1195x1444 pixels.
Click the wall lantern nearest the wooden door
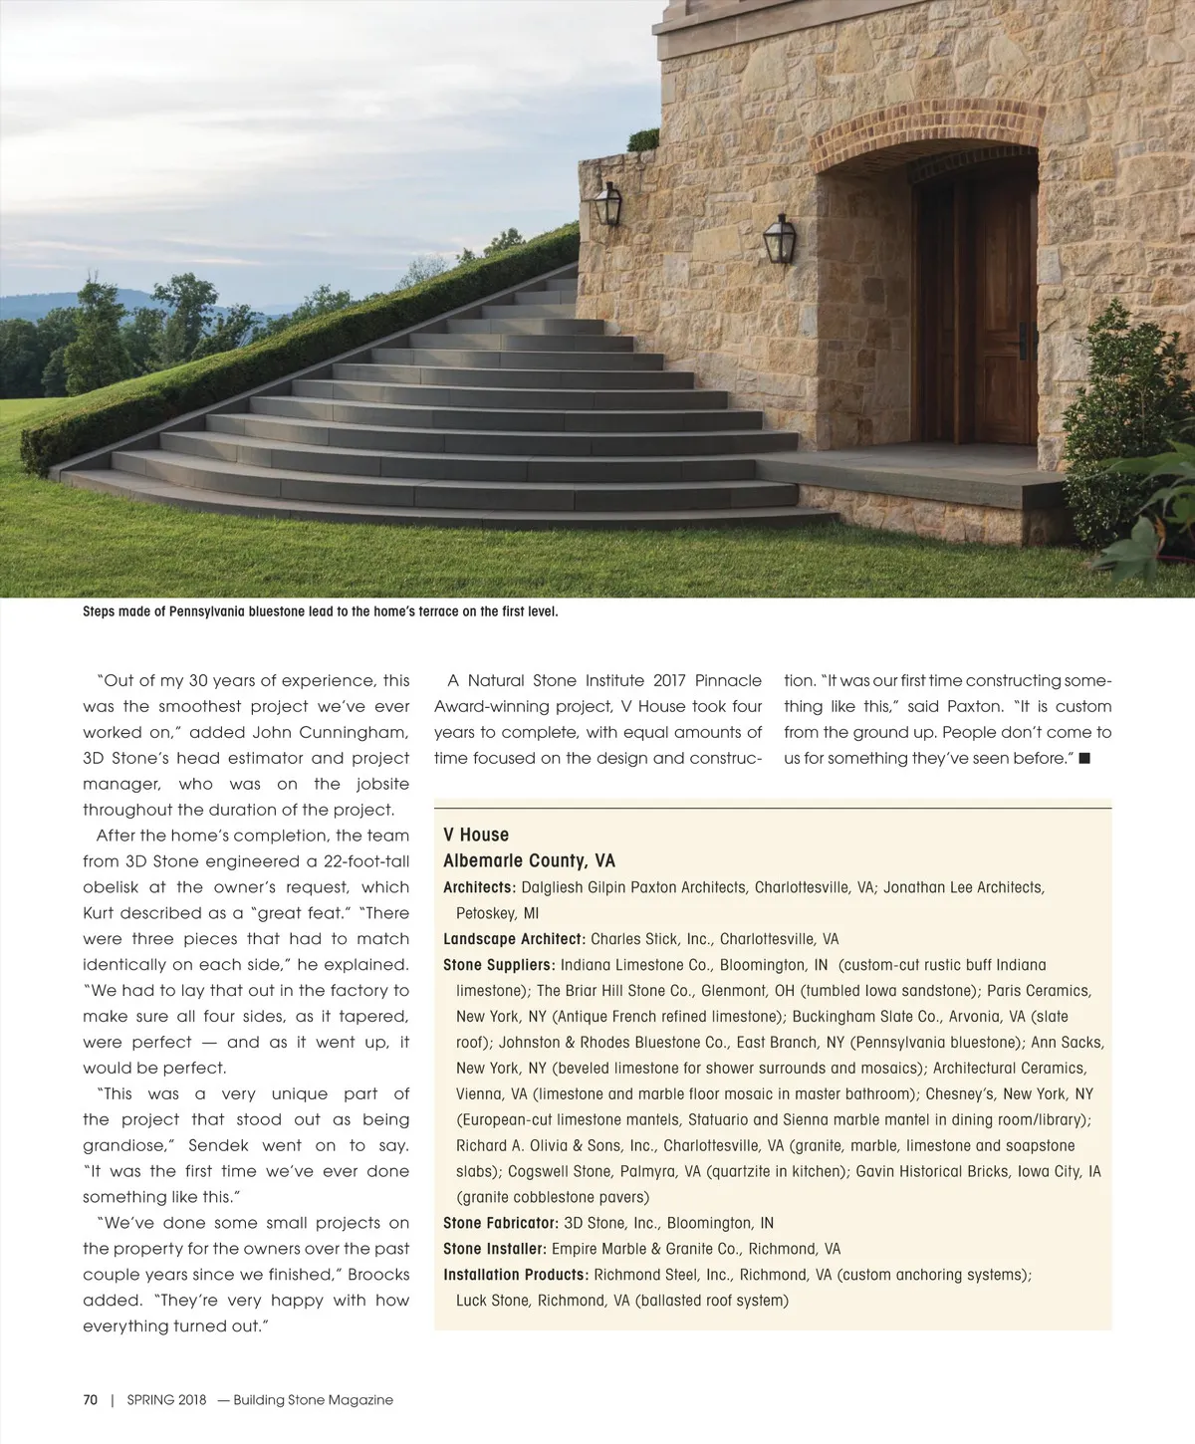pyautogui.click(x=779, y=239)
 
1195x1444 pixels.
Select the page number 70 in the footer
pyautogui.click(x=91, y=1400)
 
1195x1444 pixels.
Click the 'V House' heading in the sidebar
pyautogui.click(x=476, y=835)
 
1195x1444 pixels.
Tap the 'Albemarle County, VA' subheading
pyautogui.click(x=529, y=860)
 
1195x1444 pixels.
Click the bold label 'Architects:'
pyautogui.click(x=479, y=887)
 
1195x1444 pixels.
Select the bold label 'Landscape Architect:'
pyautogui.click(x=514, y=939)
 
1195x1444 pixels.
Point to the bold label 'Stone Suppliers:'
pyautogui.click(x=498, y=965)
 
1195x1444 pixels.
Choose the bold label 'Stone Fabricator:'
pyautogui.click(x=500, y=1223)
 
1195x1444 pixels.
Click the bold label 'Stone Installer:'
pyautogui.click(x=494, y=1249)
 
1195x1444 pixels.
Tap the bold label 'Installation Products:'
pyautogui.click(x=516, y=1275)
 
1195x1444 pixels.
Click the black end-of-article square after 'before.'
pyautogui.click(x=1084, y=759)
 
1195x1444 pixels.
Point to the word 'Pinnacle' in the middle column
pyautogui.click(x=728, y=681)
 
